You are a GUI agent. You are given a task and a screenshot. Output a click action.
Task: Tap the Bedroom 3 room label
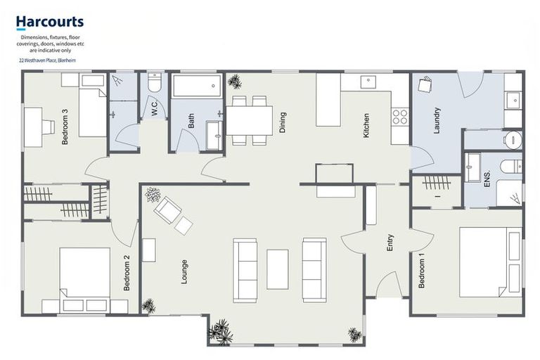(x=65, y=127)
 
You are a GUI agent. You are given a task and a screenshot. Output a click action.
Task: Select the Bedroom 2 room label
(x=127, y=273)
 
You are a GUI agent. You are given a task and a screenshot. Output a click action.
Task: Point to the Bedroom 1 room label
(x=422, y=273)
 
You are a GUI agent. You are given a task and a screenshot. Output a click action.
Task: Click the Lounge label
(x=184, y=271)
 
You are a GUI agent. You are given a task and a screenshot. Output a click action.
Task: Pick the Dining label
(x=283, y=122)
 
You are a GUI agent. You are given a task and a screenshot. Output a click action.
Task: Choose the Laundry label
(x=436, y=120)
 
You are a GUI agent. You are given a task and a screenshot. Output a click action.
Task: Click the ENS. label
(x=487, y=181)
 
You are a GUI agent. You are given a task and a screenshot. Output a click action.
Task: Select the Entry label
(x=390, y=243)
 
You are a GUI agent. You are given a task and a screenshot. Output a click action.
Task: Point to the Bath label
(x=191, y=121)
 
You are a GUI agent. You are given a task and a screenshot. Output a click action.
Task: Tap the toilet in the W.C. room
(x=155, y=84)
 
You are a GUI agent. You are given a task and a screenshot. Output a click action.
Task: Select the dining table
(x=250, y=120)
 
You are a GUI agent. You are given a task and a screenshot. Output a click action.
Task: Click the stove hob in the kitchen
(x=400, y=117)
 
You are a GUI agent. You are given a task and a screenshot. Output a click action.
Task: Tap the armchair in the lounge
(x=167, y=210)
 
